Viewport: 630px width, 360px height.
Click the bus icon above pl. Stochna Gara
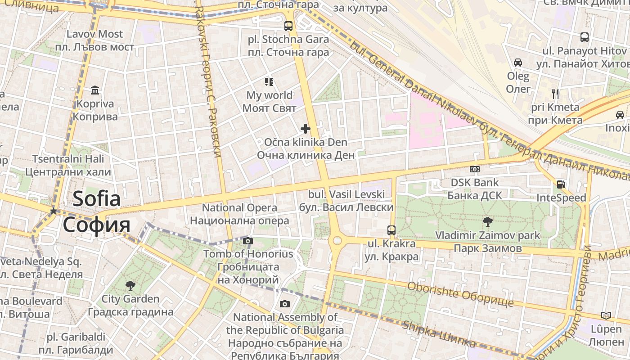[288, 26]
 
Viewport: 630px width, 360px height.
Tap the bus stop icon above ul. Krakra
[391, 230]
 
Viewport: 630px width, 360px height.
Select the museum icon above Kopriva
[95, 90]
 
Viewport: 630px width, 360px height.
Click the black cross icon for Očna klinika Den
[306, 129]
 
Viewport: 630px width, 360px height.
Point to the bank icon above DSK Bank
[474, 169]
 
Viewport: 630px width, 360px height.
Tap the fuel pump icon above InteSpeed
[561, 184]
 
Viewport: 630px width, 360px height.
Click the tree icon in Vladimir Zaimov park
[487, 221]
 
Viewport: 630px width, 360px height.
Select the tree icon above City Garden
[130, 285]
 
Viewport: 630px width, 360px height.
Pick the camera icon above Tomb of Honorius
[247, 241]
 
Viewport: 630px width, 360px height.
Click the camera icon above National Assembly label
[284, 304]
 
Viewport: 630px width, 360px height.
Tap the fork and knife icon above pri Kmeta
[555, 94]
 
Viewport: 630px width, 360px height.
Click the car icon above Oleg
[518, 63]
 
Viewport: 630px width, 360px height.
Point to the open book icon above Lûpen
[606, 315]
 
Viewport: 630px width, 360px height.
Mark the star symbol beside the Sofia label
[54, 211]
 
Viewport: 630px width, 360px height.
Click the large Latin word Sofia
[96, 199]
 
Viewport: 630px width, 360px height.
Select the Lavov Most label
[94, 34]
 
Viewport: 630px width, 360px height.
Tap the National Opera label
[239, 208]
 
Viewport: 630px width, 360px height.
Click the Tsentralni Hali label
[68, 159]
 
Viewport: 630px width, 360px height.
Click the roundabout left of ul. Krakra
[336, 241]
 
